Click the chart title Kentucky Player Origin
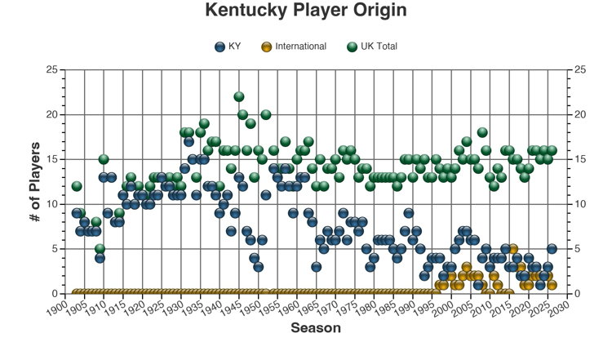point(305,11)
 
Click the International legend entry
point(294,47)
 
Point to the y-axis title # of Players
point(36,181)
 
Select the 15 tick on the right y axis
point(581,159)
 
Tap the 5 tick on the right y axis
point(579,249)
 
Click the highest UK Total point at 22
point(239,97)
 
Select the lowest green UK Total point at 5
point(100,249)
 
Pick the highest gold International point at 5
point(512,249)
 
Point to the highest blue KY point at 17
point(188,142)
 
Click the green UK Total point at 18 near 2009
point(482,132)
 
